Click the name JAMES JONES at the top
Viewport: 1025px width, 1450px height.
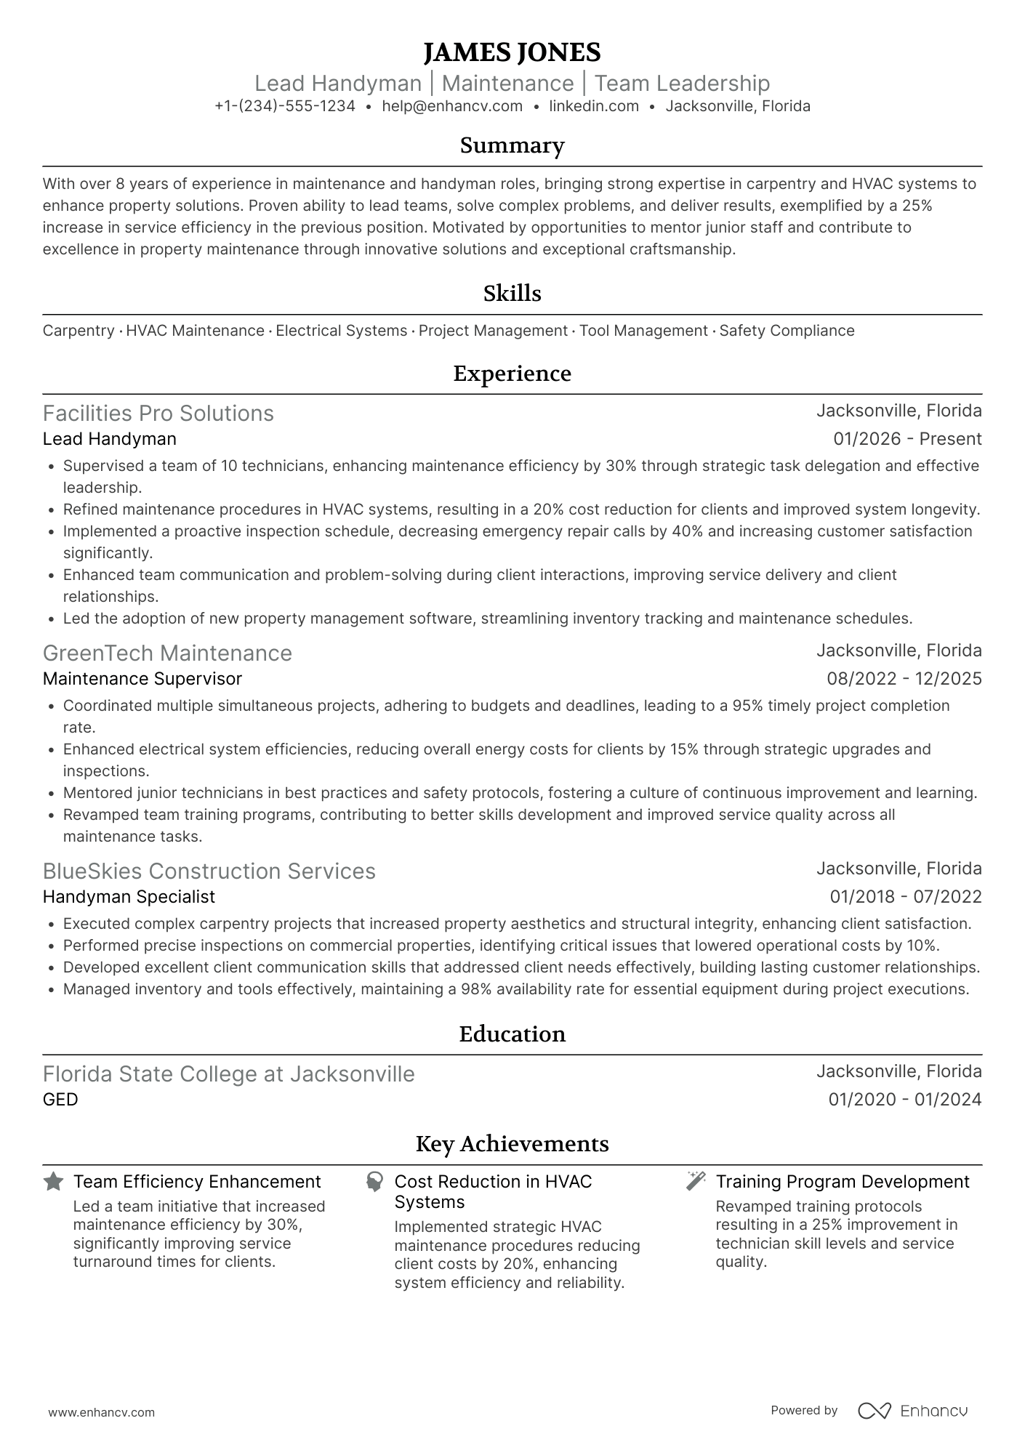point(512,52)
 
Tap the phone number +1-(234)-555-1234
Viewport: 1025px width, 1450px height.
point(285,106)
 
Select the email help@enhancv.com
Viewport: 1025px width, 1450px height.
point(452,106)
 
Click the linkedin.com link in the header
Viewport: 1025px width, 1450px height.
point(594,106)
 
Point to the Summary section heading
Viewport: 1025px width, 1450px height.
point(512,145)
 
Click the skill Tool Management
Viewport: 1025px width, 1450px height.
point(643,331)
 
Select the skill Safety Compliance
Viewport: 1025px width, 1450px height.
point(787,331)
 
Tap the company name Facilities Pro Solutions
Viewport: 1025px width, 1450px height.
point(158,413)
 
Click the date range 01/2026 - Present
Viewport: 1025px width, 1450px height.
point(907,439)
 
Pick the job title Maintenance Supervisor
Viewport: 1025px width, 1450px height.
point(142,679)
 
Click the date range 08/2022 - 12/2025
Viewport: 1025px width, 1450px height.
point(904,679)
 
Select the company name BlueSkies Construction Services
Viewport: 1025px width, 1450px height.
point(209,871)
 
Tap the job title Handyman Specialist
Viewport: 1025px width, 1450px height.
point(129,897)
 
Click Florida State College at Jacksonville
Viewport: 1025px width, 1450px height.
point(229,1074)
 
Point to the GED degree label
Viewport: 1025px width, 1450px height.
point(60,1100)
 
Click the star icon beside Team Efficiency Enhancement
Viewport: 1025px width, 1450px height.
point(53,1181)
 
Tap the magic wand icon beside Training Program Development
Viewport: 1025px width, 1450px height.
point(696,1181)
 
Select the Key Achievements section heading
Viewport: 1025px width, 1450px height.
point(512,1144)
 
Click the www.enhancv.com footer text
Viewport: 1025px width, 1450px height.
point(102,1413)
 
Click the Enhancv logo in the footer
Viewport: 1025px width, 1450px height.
point(913,1411)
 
